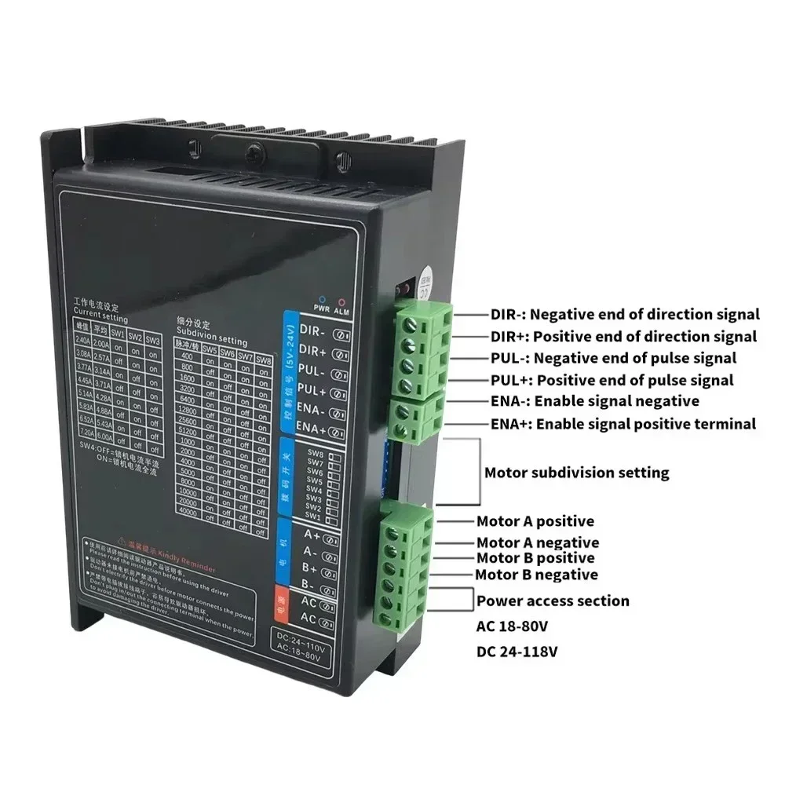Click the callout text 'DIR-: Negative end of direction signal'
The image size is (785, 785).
pyautogui.click(x=625, y=314)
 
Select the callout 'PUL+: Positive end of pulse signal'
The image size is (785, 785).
pyautogui.click(x=612, y=380)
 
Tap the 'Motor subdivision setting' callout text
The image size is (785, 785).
pyautogui.click(x=576, y=473)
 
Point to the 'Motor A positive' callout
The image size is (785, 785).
pyautogui.click(x=535, y=521)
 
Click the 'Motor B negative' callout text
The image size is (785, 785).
pyautogui.click(x=536, y=575)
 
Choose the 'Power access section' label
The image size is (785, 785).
pyautogui.click(x=553, y=601)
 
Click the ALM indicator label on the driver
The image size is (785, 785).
pyautogui.click(x=341, y=312)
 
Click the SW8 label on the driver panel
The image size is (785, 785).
pyautogui.click(x=315, y=454)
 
